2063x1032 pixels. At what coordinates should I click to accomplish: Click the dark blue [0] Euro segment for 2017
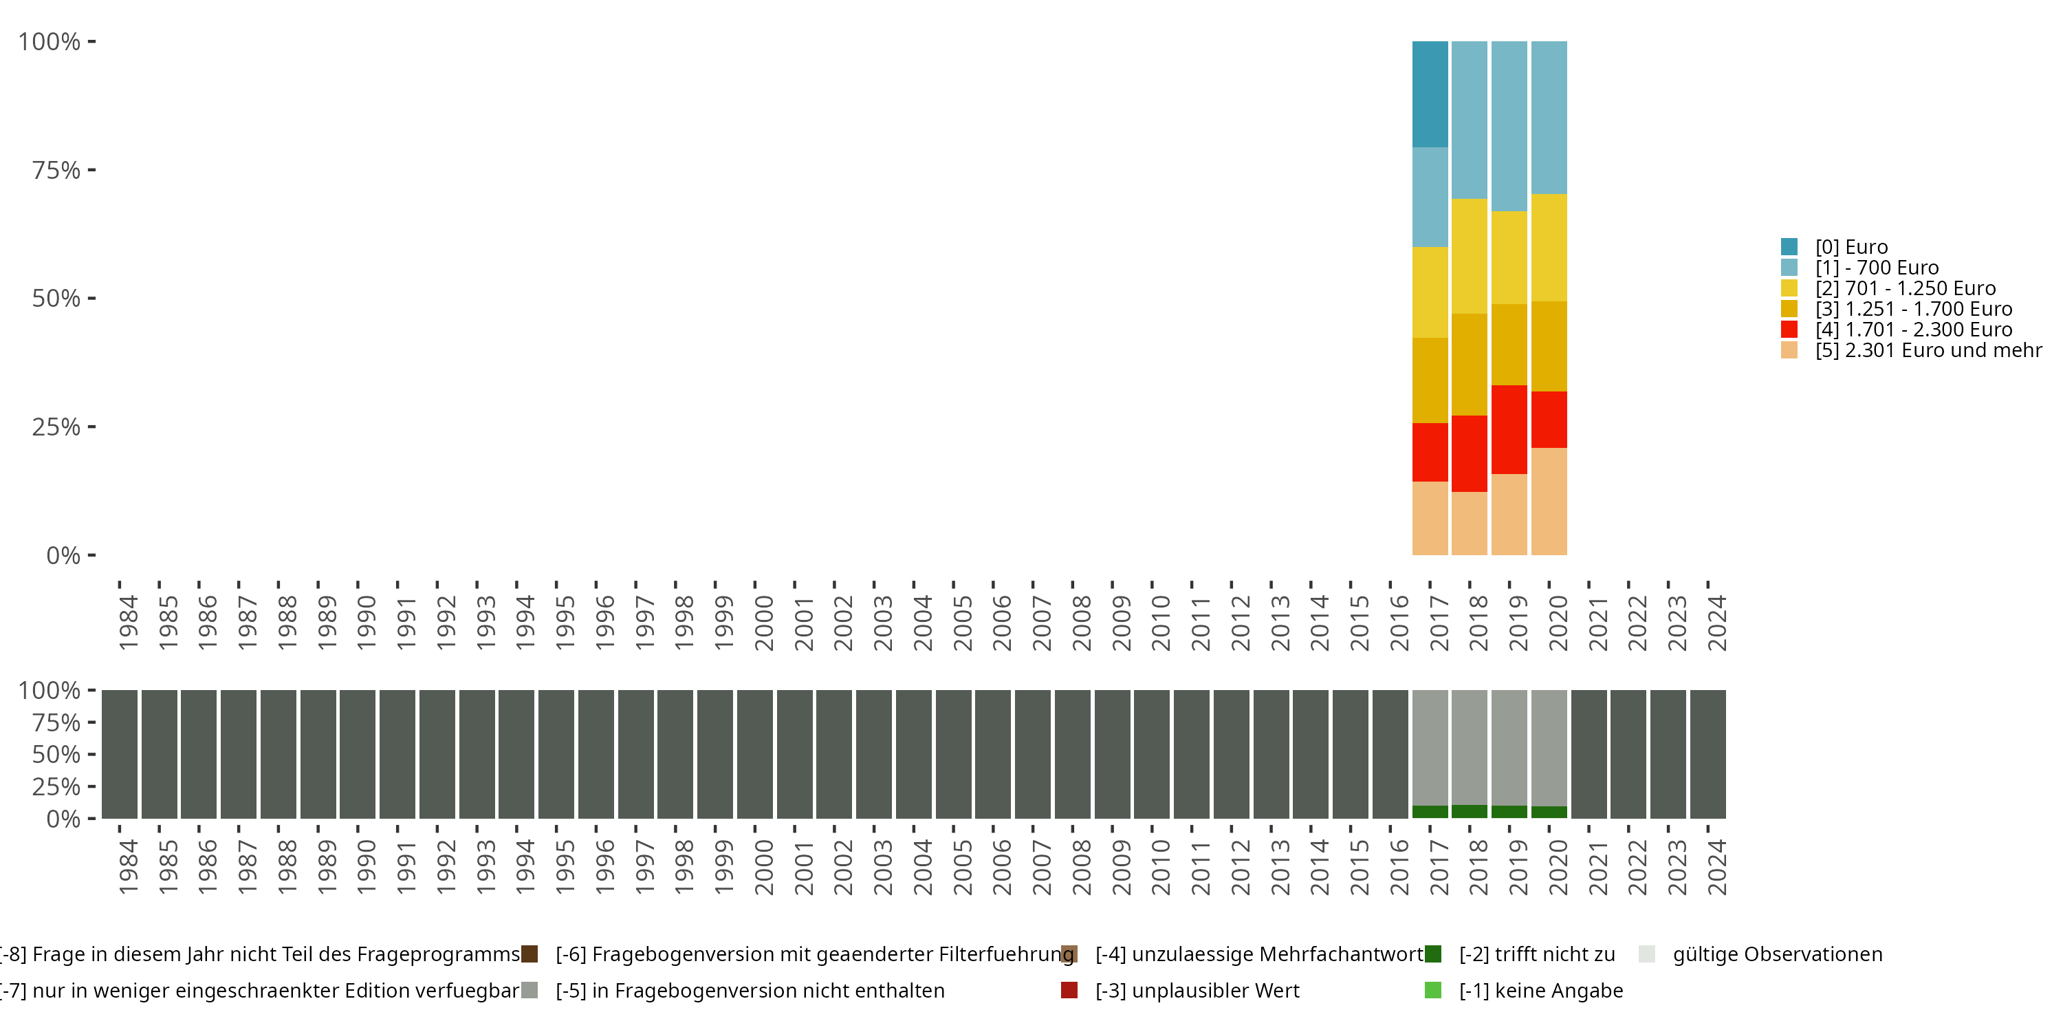[1430, 94]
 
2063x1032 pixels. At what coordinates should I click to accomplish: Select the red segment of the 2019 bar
[1509, 429]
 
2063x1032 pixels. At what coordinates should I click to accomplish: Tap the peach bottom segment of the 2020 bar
[1549, 501]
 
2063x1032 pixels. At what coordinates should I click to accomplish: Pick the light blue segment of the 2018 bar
[1469, 120]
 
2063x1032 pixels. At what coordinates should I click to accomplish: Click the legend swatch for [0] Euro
[1789, 247]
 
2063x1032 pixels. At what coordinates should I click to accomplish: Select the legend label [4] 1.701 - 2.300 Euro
[1913, 330]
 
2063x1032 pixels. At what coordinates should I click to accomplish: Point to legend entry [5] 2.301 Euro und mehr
[1928, 350]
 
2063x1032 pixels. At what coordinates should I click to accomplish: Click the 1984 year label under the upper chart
[128, 623]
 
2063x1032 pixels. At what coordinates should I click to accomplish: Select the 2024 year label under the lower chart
[1717, 867]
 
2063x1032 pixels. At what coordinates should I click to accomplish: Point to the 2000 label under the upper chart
[764, 623]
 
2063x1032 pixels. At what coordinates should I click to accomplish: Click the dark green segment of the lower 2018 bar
[1469, 812]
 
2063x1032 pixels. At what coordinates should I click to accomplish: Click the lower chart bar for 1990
[357, 754]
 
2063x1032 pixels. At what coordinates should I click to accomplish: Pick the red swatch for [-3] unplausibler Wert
[1069, 990]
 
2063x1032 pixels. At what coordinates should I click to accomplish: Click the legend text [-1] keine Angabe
[1541, 990]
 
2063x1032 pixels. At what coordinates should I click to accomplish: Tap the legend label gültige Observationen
[1777, 954]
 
